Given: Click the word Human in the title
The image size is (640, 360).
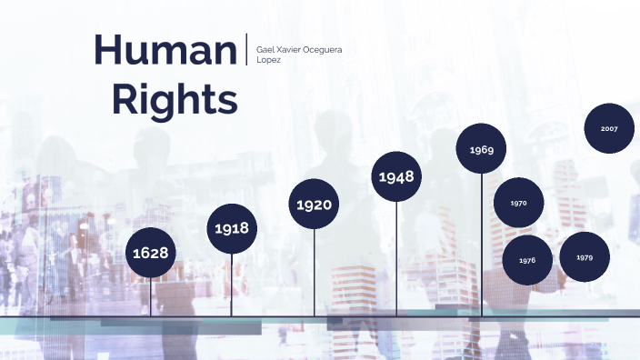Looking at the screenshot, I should coord(165,50).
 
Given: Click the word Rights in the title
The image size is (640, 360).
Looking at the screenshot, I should coord(175,99).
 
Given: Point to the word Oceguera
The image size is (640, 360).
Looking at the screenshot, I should coord(324,47).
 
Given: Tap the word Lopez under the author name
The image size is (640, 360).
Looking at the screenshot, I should coord(269,59).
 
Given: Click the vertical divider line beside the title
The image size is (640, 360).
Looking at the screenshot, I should coord(246,49).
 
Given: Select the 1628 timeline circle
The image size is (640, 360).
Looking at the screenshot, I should coord(151,252).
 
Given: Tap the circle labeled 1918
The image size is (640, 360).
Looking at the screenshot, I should coord(232,229).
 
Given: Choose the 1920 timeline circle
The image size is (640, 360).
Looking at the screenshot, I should coord(314,205).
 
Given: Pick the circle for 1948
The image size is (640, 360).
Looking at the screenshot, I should coord(396,175).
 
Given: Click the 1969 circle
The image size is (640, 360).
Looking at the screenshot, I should coord(481,149).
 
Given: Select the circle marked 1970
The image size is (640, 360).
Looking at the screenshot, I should coord(518,203).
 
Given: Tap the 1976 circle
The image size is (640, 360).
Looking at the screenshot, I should coord(527,260).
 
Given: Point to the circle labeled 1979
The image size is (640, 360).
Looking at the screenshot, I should coord(585,257).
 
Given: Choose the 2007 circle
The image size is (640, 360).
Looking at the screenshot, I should coord(609,129).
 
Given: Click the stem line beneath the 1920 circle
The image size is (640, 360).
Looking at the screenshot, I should coord(315,273).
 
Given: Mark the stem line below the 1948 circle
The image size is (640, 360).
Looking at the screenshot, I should coord(396,259).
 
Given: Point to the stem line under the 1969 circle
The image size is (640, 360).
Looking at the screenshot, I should coord(482,245).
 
